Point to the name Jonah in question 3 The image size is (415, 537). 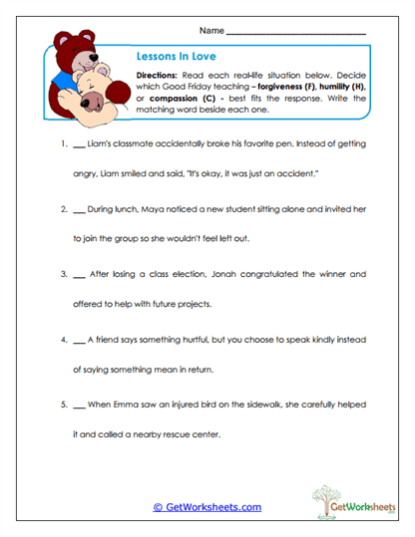pyautogui.click(x=222, y=273)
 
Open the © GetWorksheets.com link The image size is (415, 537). pyautogui.click(x=207, y=507)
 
